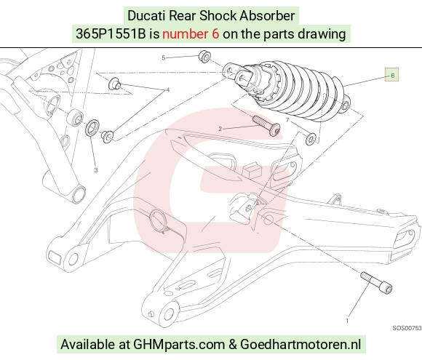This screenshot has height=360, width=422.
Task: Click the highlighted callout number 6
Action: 392,76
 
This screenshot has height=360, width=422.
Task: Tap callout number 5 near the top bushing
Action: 164,58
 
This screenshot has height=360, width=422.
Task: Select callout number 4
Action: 168,89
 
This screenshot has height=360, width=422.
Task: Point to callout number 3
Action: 96,170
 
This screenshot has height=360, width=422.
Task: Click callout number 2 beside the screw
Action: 220,129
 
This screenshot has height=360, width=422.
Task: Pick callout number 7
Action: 287,120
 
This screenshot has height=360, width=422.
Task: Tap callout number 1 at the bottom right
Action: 347,321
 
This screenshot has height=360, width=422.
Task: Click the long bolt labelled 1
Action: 376,283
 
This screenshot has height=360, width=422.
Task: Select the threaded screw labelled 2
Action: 266,126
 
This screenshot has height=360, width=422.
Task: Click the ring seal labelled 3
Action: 92,127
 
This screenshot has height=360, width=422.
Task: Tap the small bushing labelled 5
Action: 204,57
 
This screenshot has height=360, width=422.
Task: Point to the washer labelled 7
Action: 311,139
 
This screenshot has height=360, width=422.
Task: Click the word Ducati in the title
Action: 146,15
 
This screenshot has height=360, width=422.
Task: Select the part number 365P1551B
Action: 111,34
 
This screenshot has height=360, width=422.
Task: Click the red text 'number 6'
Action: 191,34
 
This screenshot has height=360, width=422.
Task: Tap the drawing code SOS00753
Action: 407,328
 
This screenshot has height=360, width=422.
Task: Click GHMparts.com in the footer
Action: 179,344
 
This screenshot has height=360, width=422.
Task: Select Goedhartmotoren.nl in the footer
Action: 300,344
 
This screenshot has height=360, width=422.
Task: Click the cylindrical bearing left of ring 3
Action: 75,117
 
